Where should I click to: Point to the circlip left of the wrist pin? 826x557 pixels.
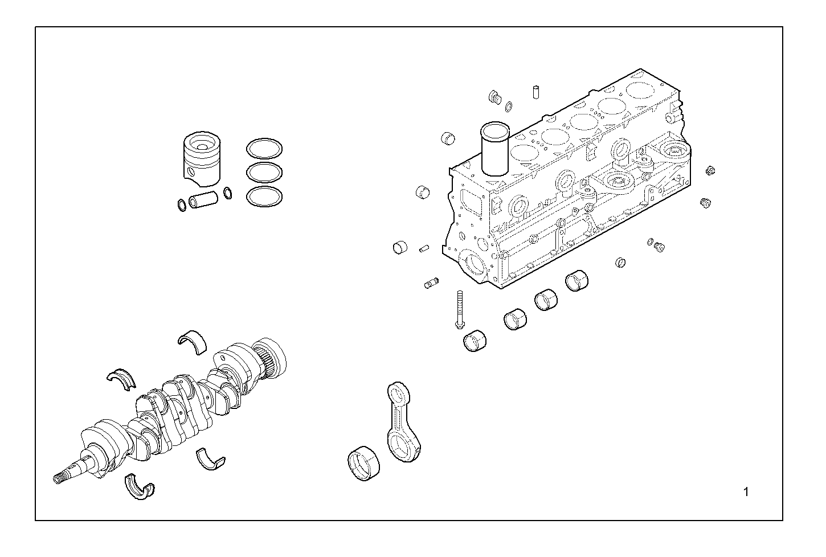pyautogui.click(x=181, y=204)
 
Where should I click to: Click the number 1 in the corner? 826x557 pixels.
pyautogui.click(x=746, y=492)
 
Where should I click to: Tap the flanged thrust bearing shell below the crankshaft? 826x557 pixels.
pyautogui.click(x=139, y=488)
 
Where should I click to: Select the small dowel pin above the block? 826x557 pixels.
pyautogui.click(x=536, y=91)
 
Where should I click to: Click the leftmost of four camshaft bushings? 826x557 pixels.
pyautogui.click(x=475, y=340)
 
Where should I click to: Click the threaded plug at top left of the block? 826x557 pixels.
pyautogui.click(x=494, y=96)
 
